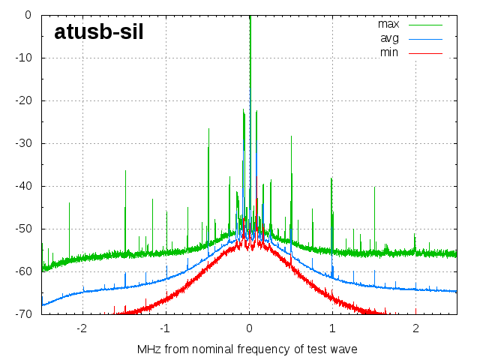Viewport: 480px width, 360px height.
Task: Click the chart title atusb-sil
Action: (x=98, y=31)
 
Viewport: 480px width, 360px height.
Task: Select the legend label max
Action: (x=388, y=24)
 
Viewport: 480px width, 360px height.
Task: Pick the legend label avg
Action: (x=389, y=38)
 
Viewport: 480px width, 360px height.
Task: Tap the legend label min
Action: (x=389, y=52)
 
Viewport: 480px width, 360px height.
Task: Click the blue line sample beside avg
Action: (x=424, y=38)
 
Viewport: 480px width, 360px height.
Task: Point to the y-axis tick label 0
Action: (x=28, y=15)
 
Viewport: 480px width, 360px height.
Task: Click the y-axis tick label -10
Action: (x=22, y=58)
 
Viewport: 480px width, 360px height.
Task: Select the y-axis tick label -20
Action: (x=22, y=100)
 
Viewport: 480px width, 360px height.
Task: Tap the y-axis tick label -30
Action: (x=22, y=143)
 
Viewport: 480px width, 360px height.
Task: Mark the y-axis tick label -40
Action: (x=22, y=186)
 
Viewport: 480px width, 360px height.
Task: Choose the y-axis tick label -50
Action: (x=22, y=229)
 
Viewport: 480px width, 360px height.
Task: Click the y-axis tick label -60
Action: (x=22, y=271)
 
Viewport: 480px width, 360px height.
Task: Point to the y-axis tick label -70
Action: (x=22, y=314)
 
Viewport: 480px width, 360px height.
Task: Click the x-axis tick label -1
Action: (x=165, y=328)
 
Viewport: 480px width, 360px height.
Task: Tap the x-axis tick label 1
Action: (x=332, y=328)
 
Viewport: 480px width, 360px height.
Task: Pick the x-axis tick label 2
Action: (x=415, y=328)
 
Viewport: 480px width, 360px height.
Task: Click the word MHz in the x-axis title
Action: (x=148, y=349)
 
